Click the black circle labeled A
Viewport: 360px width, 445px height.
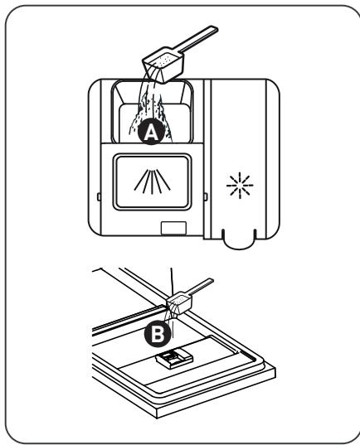(x=151, y=132)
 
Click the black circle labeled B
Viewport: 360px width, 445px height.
(x=158, y=334)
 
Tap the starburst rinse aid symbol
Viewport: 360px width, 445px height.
(x=240, y=186)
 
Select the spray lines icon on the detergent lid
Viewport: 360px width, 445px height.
(x=153, y=181)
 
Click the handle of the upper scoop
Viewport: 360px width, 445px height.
(x=198, y=39)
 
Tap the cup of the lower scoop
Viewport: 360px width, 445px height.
(x=180, y=304)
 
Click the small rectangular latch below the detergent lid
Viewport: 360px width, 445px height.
(x=173, y=228)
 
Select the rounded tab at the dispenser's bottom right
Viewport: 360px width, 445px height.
(x=240, y=239)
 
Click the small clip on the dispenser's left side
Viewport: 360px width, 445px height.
(x=99, y=196)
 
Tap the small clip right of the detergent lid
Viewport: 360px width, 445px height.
(x=206, y=196)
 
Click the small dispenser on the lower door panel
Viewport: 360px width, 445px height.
(x=174, y=359)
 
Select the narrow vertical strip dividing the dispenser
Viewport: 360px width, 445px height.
(x=207, y=159)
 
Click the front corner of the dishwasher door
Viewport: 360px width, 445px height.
(x=157, y=418)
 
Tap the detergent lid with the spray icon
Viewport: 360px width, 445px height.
(x=152, y=182)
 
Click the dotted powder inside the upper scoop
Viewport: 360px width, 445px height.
(x=164, y=60)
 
